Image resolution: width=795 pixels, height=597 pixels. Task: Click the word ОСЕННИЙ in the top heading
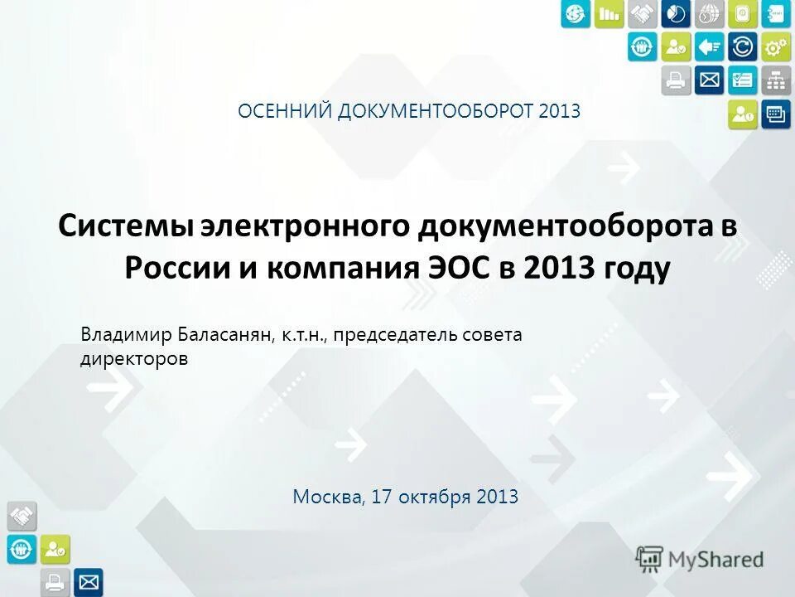284,110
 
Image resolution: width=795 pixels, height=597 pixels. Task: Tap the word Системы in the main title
124,226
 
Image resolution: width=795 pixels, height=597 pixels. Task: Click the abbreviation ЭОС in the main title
455,269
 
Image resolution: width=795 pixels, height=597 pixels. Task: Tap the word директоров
134,358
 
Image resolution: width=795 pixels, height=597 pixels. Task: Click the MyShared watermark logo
700,560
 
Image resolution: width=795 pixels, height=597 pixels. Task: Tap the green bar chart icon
609,13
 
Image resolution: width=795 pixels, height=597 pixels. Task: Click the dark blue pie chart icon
676,13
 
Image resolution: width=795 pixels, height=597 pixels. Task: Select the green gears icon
776,46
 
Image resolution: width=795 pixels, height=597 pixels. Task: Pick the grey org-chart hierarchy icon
776,80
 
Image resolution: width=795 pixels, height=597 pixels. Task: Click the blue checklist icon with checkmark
742,80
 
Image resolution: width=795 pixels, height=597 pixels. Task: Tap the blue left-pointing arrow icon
709,46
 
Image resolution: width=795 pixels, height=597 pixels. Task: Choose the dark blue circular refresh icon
742,46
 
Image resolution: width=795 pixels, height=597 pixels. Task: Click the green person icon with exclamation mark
742,114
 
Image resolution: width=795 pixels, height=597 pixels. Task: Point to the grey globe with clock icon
709,13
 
